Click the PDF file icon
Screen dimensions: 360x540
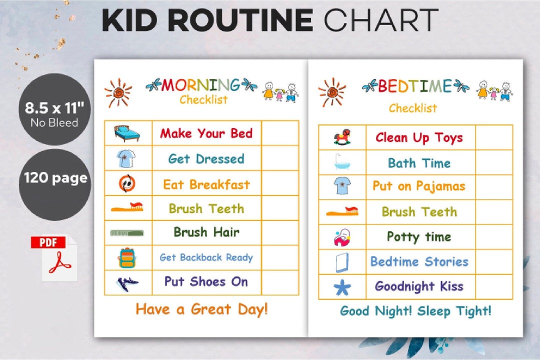pos(55,258)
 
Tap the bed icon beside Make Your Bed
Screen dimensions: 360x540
pos(126,133)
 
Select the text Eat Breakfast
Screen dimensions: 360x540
pos(206,184)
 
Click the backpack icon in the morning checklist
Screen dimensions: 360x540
pos(127,257)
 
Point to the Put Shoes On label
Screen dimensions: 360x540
pos(206,281)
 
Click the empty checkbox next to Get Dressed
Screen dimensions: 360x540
pos(280,158)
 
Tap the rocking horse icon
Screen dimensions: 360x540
pos(342,137)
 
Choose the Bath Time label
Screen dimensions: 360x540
pos(419,163)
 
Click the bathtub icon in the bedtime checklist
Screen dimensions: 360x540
pos(342,162)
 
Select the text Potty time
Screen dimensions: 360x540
pos(419,236)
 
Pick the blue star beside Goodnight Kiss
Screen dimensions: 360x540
pos(342,287)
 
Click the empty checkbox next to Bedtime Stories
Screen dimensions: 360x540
pos(494,261)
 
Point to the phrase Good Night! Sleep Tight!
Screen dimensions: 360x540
pos(415,310)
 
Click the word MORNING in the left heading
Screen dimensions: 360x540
pos(200,85)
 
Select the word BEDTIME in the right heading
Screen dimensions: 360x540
pos(414,86)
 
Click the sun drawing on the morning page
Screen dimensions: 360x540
pos(118,92)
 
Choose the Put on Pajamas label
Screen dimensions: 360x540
pos(419,186)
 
